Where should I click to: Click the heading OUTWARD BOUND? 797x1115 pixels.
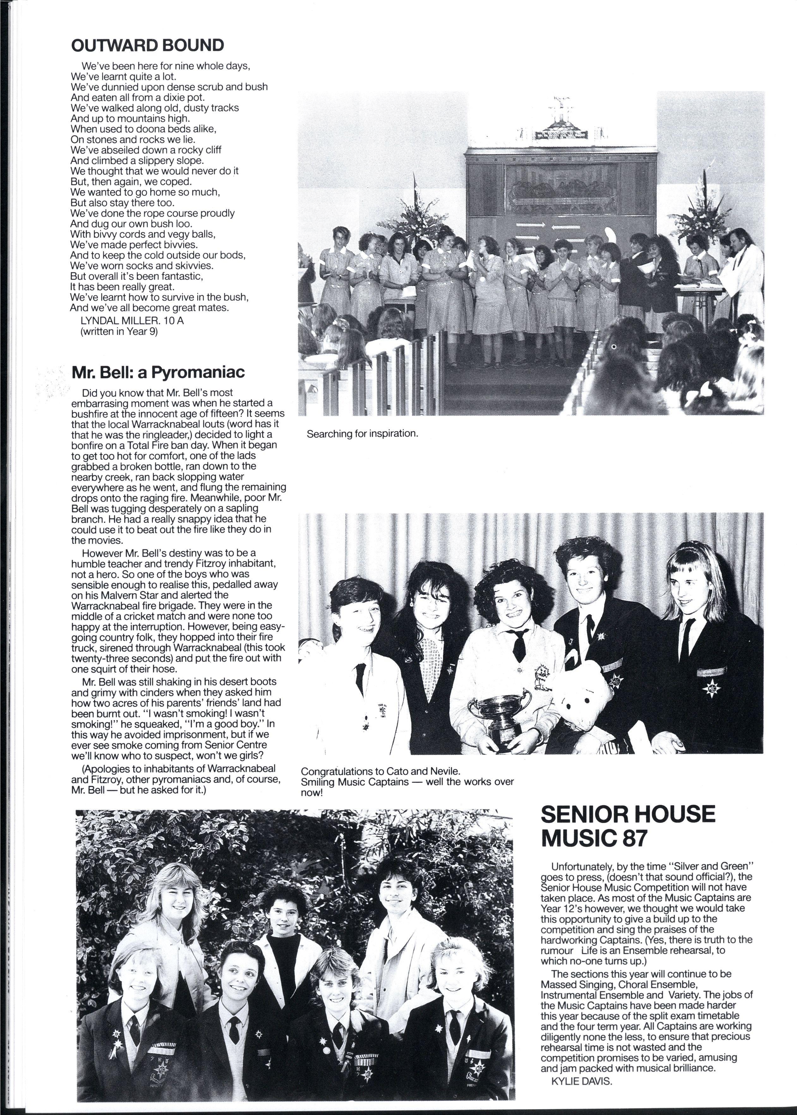click(147, 45)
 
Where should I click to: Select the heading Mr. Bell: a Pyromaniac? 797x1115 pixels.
click(158, 372)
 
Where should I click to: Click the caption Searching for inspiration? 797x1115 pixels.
click(362, 434)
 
